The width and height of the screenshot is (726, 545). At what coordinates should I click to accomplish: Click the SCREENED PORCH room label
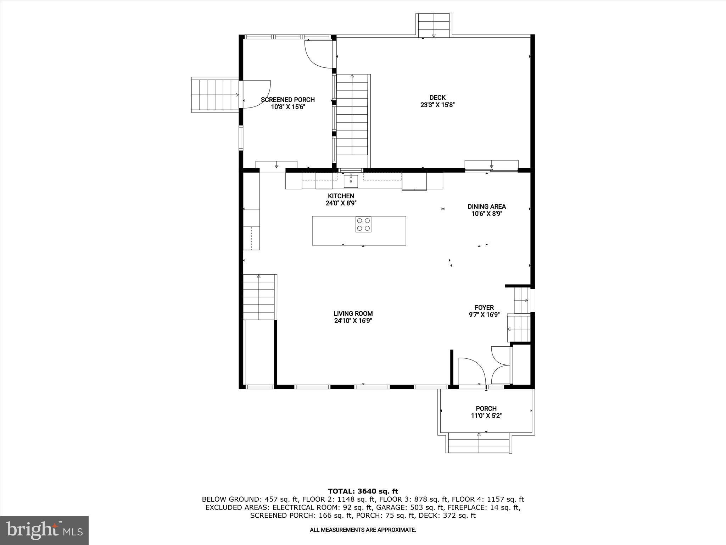tap(287, 100)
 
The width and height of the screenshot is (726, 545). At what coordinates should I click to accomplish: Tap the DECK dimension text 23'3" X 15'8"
tap(437, 105)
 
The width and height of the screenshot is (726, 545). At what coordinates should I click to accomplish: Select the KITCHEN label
tap(341, 196)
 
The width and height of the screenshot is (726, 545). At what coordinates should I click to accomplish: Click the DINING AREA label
tap(486, 207)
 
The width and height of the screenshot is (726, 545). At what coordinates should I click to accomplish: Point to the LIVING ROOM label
tap(353, 314)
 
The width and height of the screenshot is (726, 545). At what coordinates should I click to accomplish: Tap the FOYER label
tap(484, 308)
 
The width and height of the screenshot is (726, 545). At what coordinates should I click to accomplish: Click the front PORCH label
tap(486, 408)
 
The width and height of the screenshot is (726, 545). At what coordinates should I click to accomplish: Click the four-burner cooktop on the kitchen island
tap(363, 224)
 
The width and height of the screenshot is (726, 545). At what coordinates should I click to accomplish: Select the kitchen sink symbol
tap(351, 181)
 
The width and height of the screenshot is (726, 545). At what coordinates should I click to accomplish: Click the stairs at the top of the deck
tap(434, 25)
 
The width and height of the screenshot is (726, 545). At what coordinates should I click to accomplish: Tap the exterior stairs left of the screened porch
tap(215, 95)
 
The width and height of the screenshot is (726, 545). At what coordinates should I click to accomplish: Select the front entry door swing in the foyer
tap(471, 371)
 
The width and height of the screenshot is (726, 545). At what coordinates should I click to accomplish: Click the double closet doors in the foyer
tap(500, 365)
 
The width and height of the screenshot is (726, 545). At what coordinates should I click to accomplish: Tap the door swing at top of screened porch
tap(318, 54)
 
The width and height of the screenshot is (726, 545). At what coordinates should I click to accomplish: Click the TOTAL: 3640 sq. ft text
tap(363, 491)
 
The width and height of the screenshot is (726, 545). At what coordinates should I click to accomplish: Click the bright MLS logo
tap(44, 530)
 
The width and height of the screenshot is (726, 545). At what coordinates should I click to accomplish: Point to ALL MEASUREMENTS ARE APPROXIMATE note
tap(363, 530)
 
